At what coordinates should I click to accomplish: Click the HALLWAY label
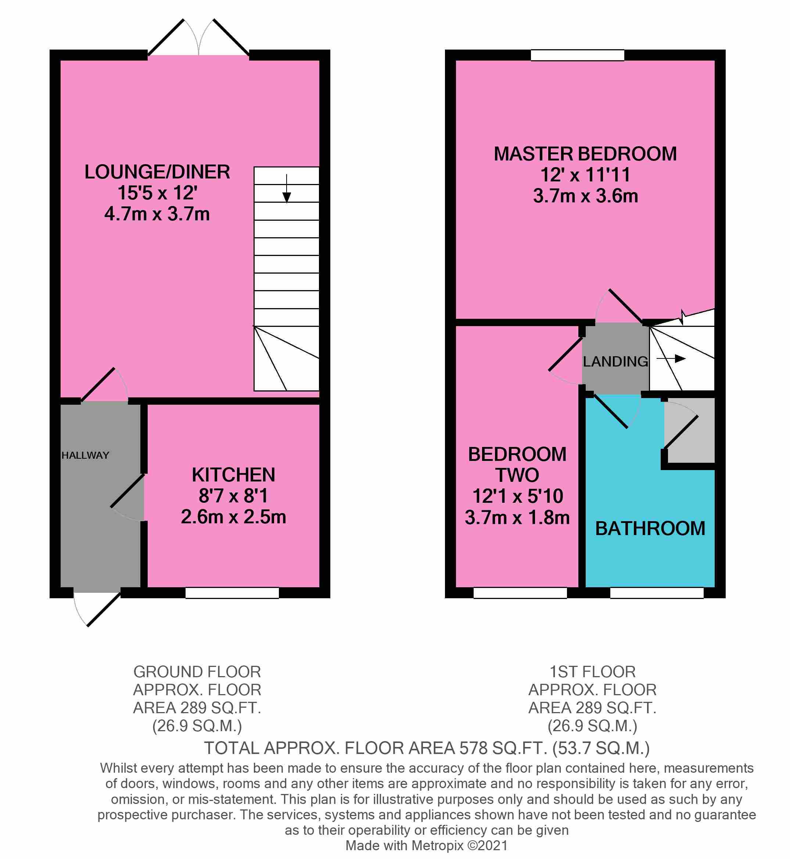pos(86,455)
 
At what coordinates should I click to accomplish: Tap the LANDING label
pos(615,361)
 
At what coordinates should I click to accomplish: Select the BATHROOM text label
pos(650,528)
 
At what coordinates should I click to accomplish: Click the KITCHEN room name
pos(233,475)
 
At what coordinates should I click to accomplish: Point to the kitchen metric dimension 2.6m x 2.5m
pos(233,517)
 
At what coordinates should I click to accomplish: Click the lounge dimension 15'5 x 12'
pos(157,193)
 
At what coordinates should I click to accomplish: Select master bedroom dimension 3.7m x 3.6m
pos(586,196)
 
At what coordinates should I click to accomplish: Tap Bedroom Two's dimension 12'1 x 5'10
pos(518,496)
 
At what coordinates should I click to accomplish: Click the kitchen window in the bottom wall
pos(232,593)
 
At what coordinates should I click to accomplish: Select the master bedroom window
pos(578,55)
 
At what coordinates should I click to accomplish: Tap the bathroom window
pos(657,593)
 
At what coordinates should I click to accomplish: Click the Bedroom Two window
pos(520,593)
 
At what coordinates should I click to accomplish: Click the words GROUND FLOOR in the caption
pos(197,672)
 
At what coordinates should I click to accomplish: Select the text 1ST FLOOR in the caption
pos(592,672)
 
